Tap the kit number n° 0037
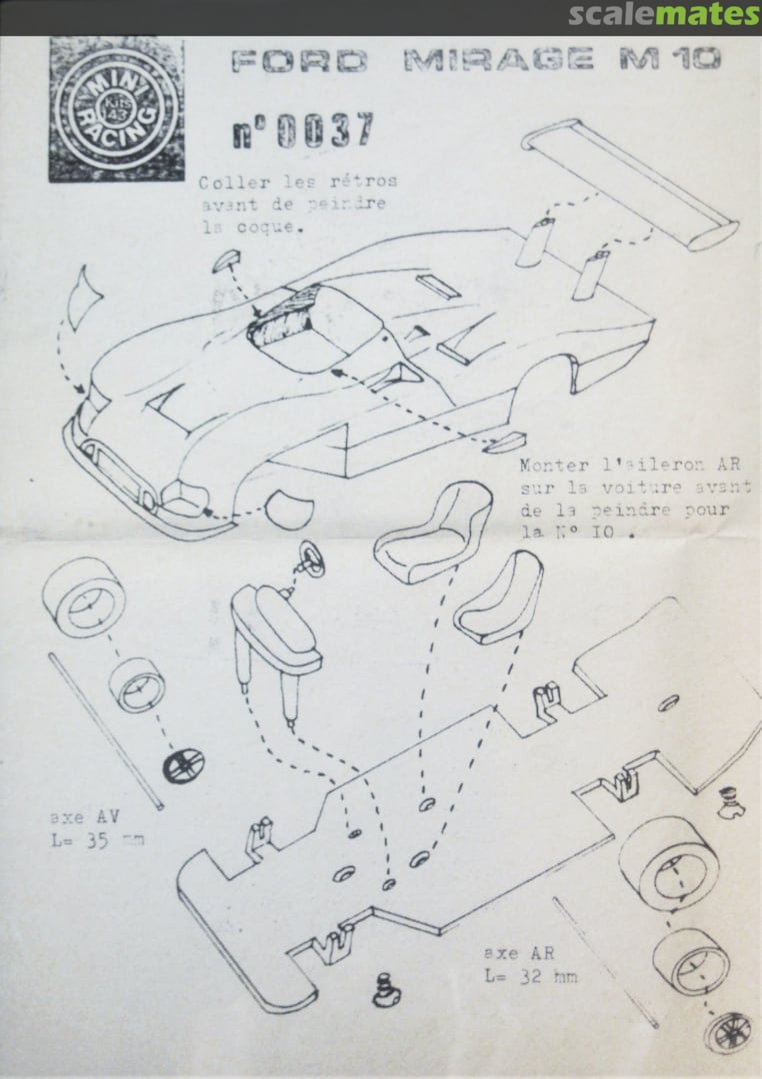click(x=302, y=132)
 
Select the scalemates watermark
click(x=664, y=15)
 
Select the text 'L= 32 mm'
click(x=529, y=975)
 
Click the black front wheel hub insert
click(x=183, y=764)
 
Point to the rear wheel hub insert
click(x=729, y=1031)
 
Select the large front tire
click(x=83, y=597)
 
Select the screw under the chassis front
click(x=383, y=990)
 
